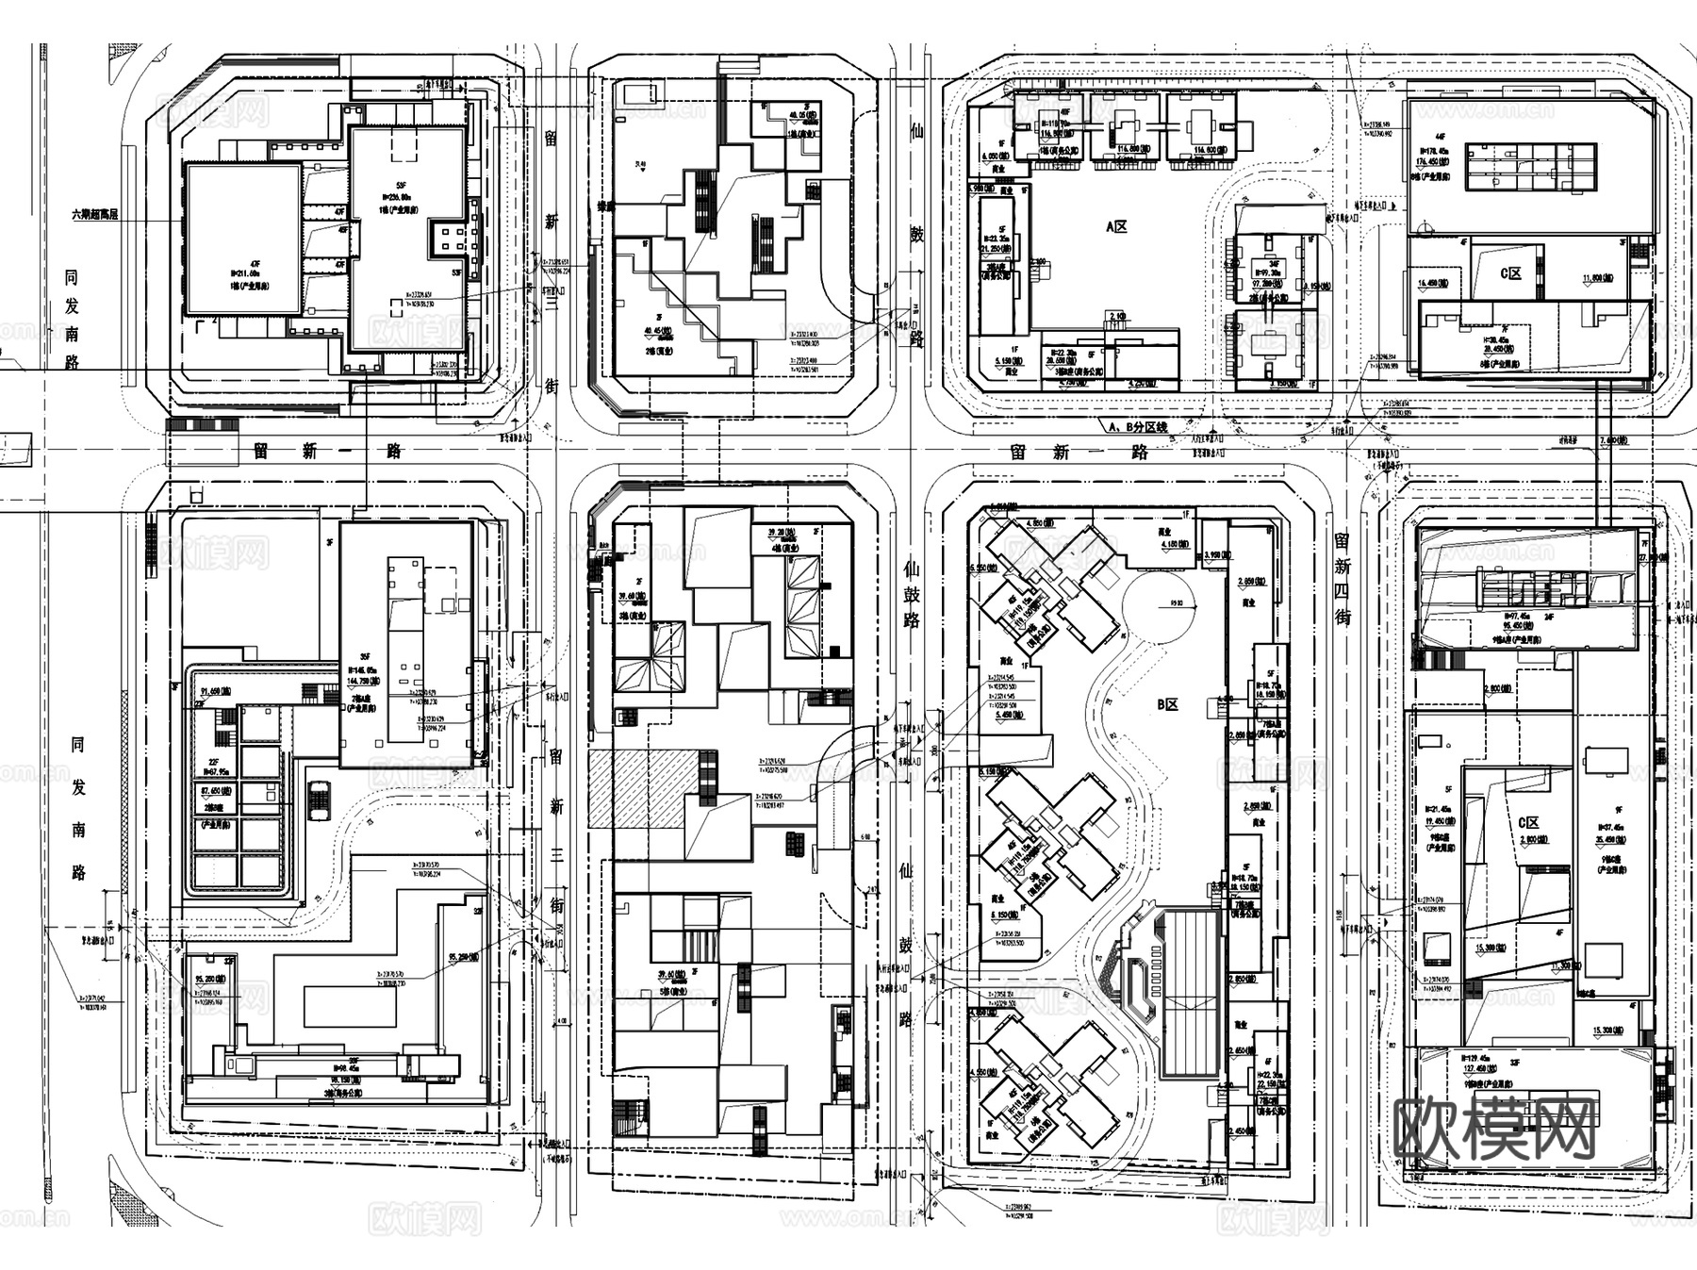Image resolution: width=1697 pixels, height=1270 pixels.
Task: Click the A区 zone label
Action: (1116, 226)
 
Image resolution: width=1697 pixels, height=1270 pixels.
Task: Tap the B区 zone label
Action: (1168, 704)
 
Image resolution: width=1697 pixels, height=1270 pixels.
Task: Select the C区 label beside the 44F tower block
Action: (1510, 273)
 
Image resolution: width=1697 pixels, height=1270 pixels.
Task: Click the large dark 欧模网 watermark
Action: (1494, 1129)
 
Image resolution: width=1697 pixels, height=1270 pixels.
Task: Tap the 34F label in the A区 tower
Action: (1274, 263)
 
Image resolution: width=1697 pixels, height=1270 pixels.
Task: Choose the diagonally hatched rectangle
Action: (643, 788)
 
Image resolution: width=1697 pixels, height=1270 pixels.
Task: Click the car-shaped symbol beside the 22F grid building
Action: (319, 800)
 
